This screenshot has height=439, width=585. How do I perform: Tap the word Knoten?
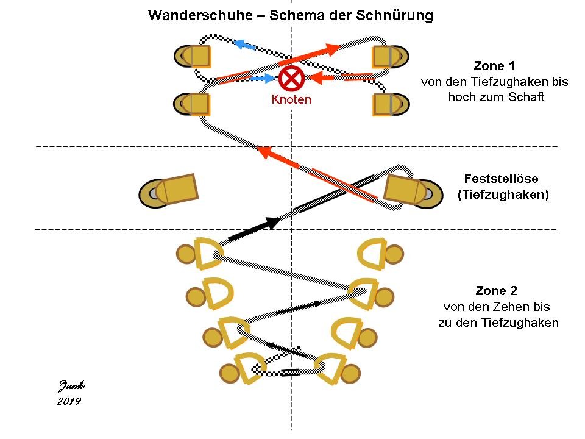tap(291, 99)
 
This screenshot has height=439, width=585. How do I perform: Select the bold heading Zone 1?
tap(494, 66)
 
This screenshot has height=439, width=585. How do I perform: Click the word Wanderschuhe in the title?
tap(194, 15)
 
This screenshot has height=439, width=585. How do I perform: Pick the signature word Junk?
tap(72, 385)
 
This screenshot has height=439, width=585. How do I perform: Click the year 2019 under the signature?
tap(69, 401)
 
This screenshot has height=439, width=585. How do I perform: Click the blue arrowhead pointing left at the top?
tap(242, 44)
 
